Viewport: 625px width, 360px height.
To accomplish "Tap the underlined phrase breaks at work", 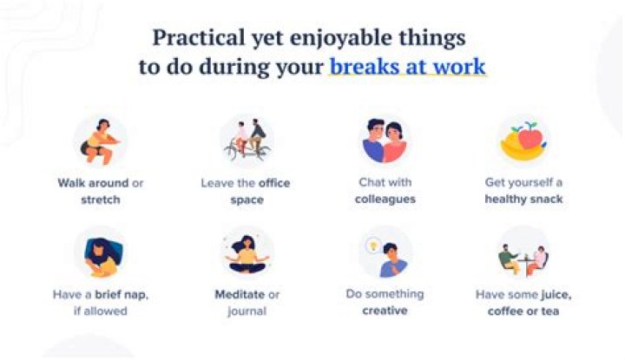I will tap(407, 68).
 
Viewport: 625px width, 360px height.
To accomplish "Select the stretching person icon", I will tap(101, 141).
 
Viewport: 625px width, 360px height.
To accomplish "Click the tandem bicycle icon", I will tap(246, 141).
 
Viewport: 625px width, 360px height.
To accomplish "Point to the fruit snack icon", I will tap(523, 141).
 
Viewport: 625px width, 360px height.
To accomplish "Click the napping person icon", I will tap(101, 254).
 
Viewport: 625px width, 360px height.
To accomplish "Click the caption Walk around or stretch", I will tap(101, 191).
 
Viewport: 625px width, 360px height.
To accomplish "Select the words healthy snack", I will tap(523, 199).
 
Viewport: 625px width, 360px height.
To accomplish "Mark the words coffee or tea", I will tap(523, 311).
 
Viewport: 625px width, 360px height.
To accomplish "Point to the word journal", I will tap(246, 311).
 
